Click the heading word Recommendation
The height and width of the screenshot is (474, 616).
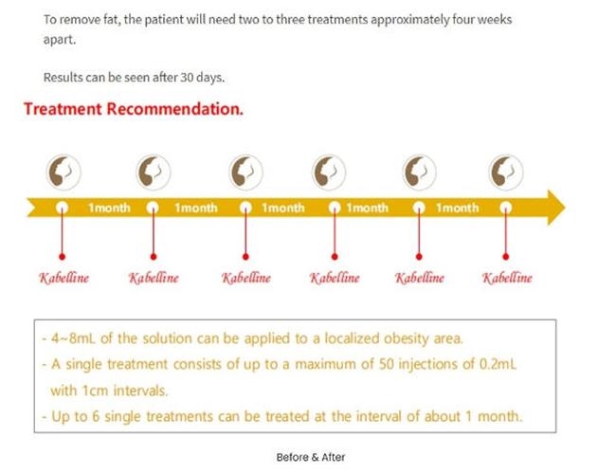174,109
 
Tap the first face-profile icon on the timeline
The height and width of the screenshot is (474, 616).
63,173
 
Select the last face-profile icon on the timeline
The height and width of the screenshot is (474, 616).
506,173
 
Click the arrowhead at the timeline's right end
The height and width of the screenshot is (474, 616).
556,208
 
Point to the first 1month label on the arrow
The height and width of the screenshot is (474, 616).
109,208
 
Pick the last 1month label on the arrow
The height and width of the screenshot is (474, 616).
458,208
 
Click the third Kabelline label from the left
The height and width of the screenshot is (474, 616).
246,278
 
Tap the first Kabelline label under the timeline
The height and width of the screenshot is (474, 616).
63,278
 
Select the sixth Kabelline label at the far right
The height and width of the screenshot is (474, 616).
507,278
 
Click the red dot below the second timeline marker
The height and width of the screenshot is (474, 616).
154,257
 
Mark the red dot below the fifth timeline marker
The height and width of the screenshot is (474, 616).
419,257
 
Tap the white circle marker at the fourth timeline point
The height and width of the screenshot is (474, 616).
335,208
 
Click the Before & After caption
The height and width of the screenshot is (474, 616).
311,457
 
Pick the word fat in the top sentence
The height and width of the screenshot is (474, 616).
111,19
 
